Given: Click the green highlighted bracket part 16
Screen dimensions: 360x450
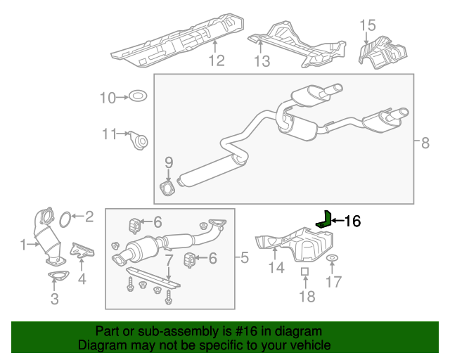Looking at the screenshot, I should pos(323,219).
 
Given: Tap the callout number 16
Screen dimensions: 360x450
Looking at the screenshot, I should pos(352,221).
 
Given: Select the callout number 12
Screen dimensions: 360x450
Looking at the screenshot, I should pos(216,60).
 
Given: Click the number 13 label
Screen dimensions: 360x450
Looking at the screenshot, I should pos(262,61).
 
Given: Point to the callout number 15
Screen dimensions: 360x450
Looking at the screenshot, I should pos(368,27).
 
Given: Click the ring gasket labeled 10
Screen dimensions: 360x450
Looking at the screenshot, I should pos(138,97).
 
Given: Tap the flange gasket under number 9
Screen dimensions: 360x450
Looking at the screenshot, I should pos(168,187).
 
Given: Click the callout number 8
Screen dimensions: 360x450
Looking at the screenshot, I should pos(425,143).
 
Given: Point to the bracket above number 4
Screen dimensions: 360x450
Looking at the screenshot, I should pos(82,251).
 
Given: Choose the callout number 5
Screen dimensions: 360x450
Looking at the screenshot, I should pos(245,259).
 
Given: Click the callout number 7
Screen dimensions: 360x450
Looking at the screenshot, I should pos(169,261).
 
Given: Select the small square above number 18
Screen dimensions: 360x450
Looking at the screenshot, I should pos(304,271).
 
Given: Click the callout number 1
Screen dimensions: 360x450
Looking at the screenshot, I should pos(23,245).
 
